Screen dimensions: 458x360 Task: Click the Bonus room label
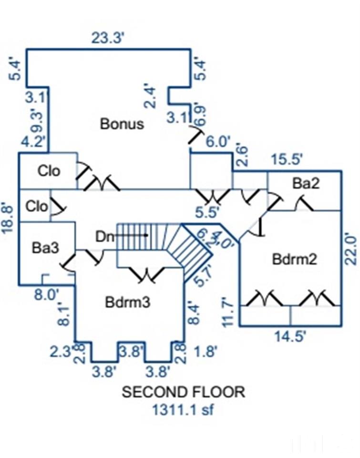point(122,124)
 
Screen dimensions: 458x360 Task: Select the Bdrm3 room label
point(128,302)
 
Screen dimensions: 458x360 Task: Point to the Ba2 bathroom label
point(306,184)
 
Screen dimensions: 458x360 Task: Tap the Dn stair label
point(105,236)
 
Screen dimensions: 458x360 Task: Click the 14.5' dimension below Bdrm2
point(289,336)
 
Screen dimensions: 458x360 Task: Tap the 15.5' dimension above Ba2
point(287,159)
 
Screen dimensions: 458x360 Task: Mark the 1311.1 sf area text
point(183,409)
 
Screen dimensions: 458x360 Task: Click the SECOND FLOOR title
point(184,392)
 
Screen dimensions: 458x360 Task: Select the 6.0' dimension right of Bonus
point(217,142)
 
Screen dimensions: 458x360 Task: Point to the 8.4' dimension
point(193,312)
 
